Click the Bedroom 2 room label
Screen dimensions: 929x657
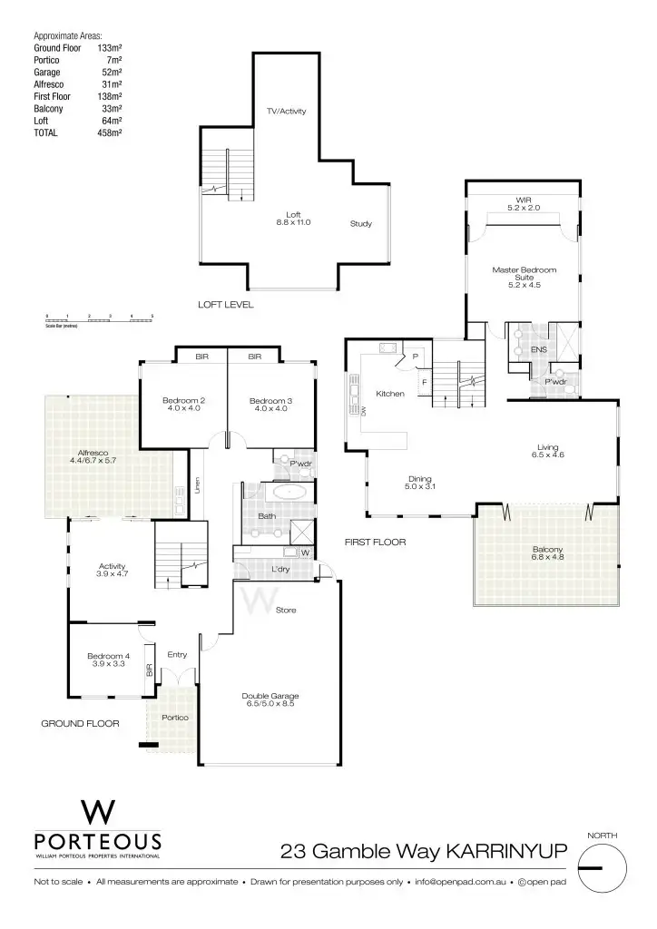(x=182, y=404)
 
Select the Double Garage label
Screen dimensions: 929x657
(x=270, y=701)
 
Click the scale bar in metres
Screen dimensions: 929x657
(x=100, y=319)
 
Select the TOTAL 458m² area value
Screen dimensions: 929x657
(x=110, y=132)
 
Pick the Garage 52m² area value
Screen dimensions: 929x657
(x=110, y=71)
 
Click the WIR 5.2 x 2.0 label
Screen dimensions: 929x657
(x=524, y=204)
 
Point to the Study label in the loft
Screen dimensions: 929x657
(x=361, y=223)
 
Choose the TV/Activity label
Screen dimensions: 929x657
(x=286, y=112)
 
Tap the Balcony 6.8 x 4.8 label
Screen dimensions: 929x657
(x=547, y=553)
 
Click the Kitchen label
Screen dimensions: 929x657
(x=389, y=394)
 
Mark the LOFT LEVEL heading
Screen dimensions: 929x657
(x=226, y=305)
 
